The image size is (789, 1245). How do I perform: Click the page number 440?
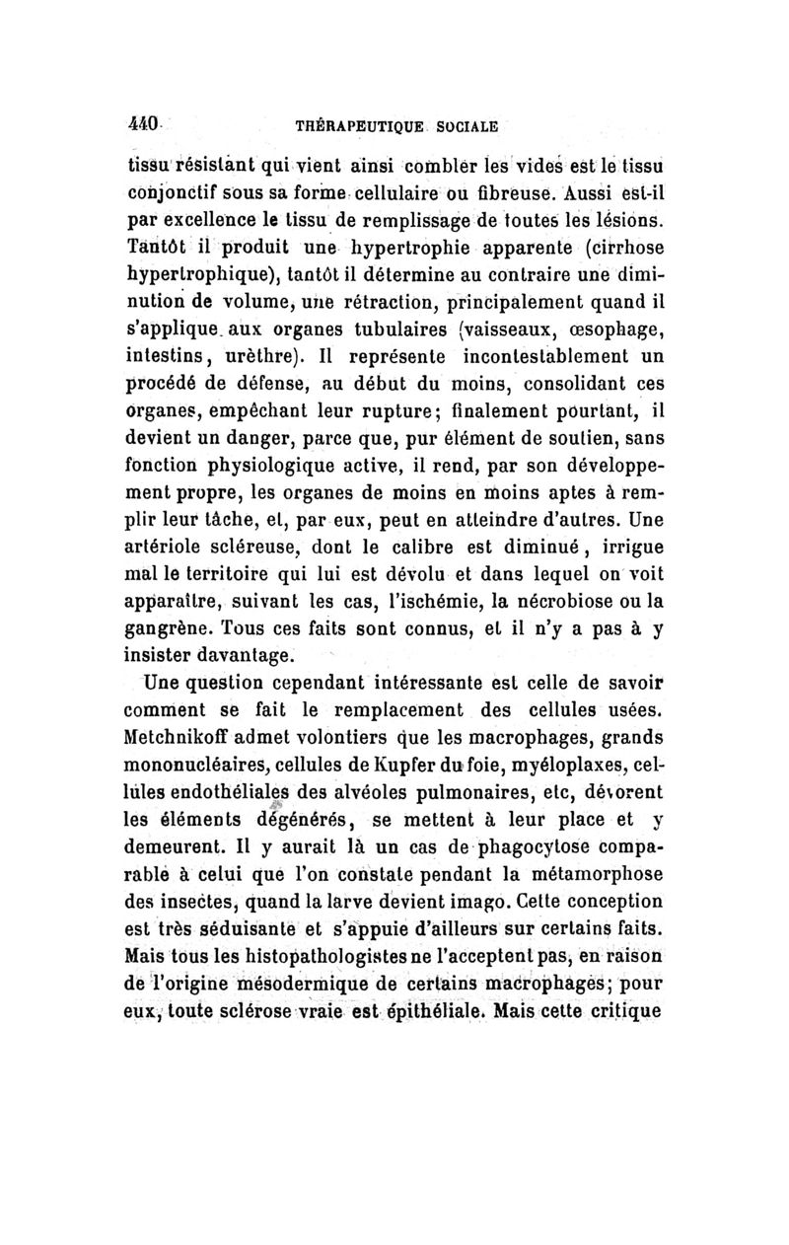click(145, 126)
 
